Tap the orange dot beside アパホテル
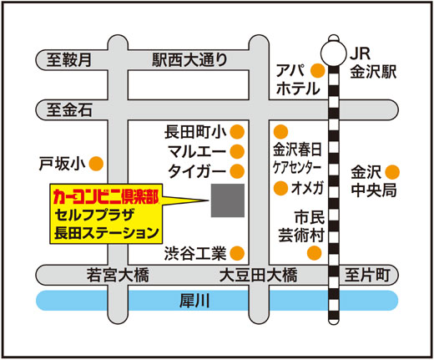click(x=317, y=71)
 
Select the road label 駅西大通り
click(x=189, y=60)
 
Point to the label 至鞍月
click(x=68, y=59)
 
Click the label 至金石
click(x=69, y=110)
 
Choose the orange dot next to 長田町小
click(x=237, y=132)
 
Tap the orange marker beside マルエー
click(x=237, y=151)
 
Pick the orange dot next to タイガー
click(x=237, y=171)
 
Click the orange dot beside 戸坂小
click(x=96, y=164)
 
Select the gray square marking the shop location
click(x=228, y=200)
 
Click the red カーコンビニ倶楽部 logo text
click(x=106, y=196)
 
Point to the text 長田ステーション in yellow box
click(x=107, y=233)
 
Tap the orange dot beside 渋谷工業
click(x=237, y=253)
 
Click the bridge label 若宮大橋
click(x=118, y=275)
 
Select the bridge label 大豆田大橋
click(x=258, y=275)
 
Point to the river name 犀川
click(x=194, y=301)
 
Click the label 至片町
click(x=367, y=275)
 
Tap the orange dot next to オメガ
click(x=280, y=188)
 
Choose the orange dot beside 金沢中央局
click(x=392, y=172)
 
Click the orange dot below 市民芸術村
click(x=315, y=253)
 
